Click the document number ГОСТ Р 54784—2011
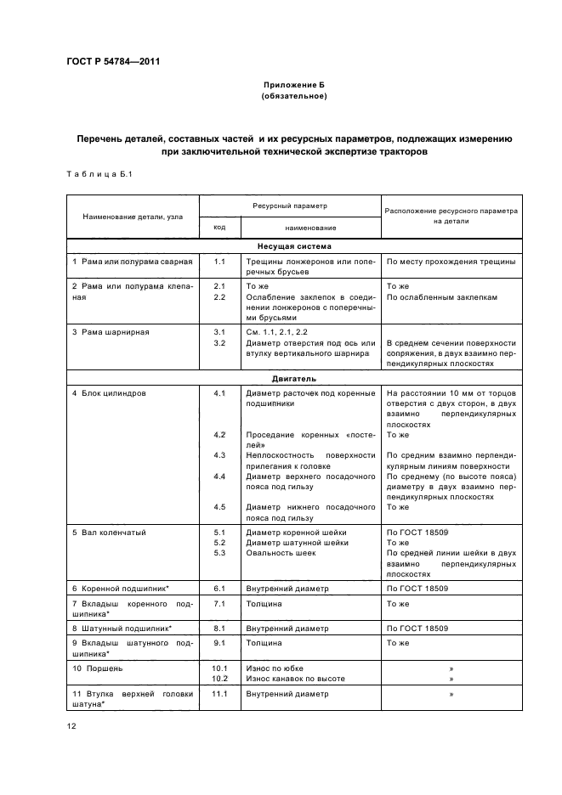(x=113, y=62)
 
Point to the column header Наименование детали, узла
(x=133, y=217)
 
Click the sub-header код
(x=219, y=228)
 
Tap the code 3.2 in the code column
(x=219, y=342)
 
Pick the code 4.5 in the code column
(x=219, y=507)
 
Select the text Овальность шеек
(x=281, y=553)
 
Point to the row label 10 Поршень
(x=98, y=668)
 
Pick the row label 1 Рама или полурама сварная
(x=133, y=262)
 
